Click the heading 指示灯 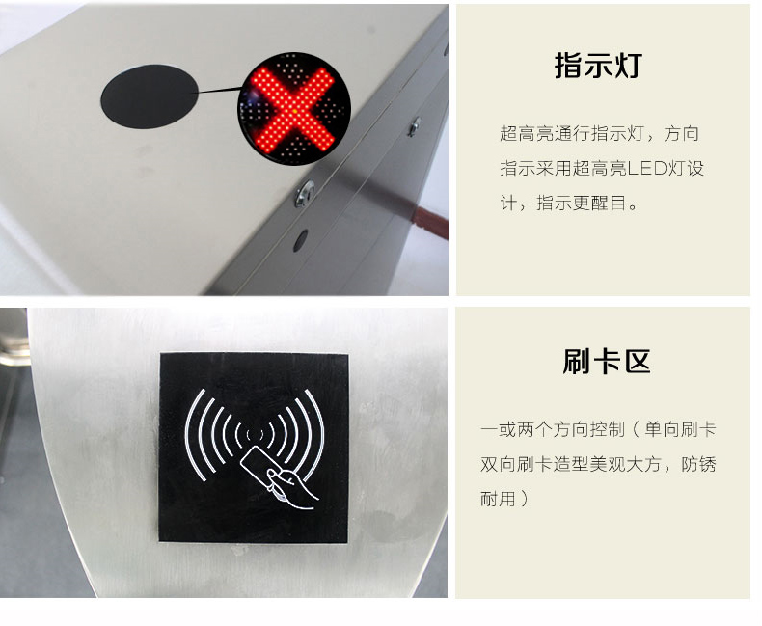tap(598, 66)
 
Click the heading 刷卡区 tap(607, 361)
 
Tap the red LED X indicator tap(294, 109)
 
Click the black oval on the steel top tap(150, 96)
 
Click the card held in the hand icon tap(257, 467)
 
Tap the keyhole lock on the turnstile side tap(305, 194)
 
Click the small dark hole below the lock tap(301, 240)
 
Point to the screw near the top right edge tap(414, 127)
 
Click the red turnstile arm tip tap(430, 222)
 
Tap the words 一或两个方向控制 tap(553, 429)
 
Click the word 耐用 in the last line tap(498, 499)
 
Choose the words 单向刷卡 tap(680, 429)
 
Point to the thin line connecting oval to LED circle tap(219, 90)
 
